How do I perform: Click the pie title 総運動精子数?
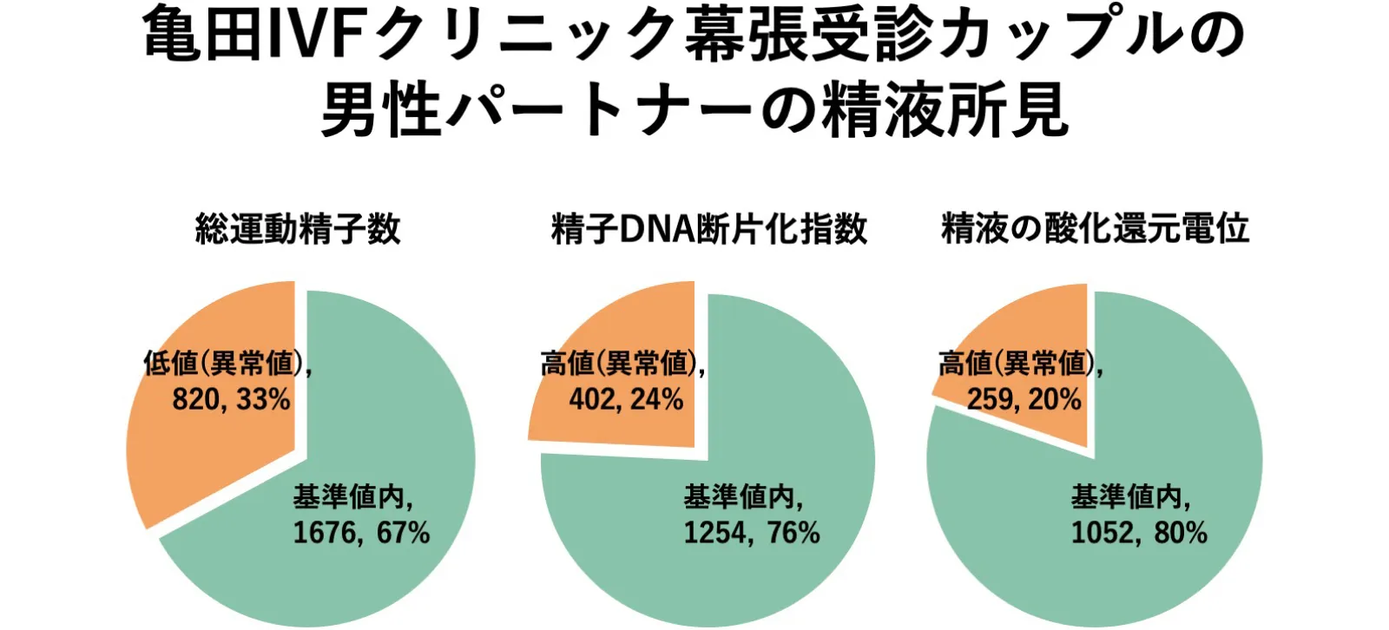click(x=298, y=229)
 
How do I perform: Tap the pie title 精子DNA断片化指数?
click(x=708, y=229)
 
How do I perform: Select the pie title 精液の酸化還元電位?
click(x=1095, y=229)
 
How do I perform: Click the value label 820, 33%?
click(x=231, y=400)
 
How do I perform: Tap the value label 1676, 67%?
click(x=361, y=532)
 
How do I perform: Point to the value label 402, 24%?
click(x=626, y=400)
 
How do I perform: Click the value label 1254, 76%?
click(x=752, y=532)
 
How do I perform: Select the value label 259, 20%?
click(x=1024, y=400)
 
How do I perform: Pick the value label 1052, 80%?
click(x=1139, y=532)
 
